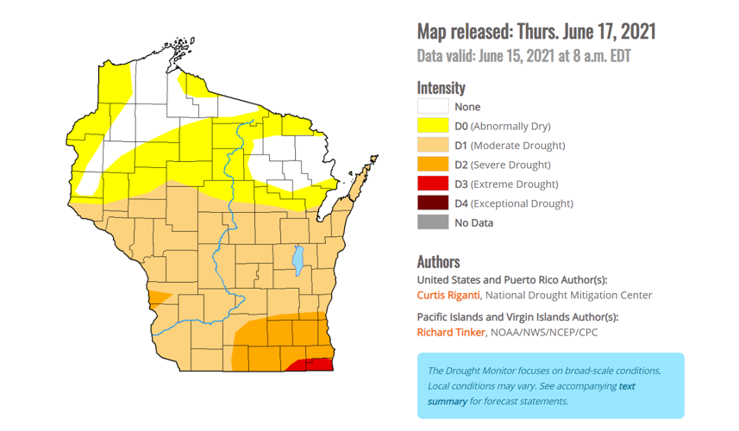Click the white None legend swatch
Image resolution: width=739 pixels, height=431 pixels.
point(433,107)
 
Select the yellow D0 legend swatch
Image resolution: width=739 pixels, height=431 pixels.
point(433,126)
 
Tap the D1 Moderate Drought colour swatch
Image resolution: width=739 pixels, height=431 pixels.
point(433,146)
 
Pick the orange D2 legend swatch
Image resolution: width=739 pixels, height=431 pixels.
point(433,165)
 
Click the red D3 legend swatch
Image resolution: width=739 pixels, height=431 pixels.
point(433,184)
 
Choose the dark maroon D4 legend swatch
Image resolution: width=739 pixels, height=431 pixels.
point(433,203)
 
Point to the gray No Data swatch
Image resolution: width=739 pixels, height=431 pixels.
point(433,222)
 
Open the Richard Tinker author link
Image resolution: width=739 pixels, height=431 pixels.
point(451,332)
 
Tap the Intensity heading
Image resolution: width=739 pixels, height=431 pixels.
point(441,87)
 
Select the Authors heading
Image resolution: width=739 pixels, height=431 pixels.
point(438,261)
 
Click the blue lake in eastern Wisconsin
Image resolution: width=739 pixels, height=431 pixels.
point(298,257)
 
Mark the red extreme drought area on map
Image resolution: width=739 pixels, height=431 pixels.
point(314,365)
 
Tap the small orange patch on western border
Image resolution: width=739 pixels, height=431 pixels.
point(156,297)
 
